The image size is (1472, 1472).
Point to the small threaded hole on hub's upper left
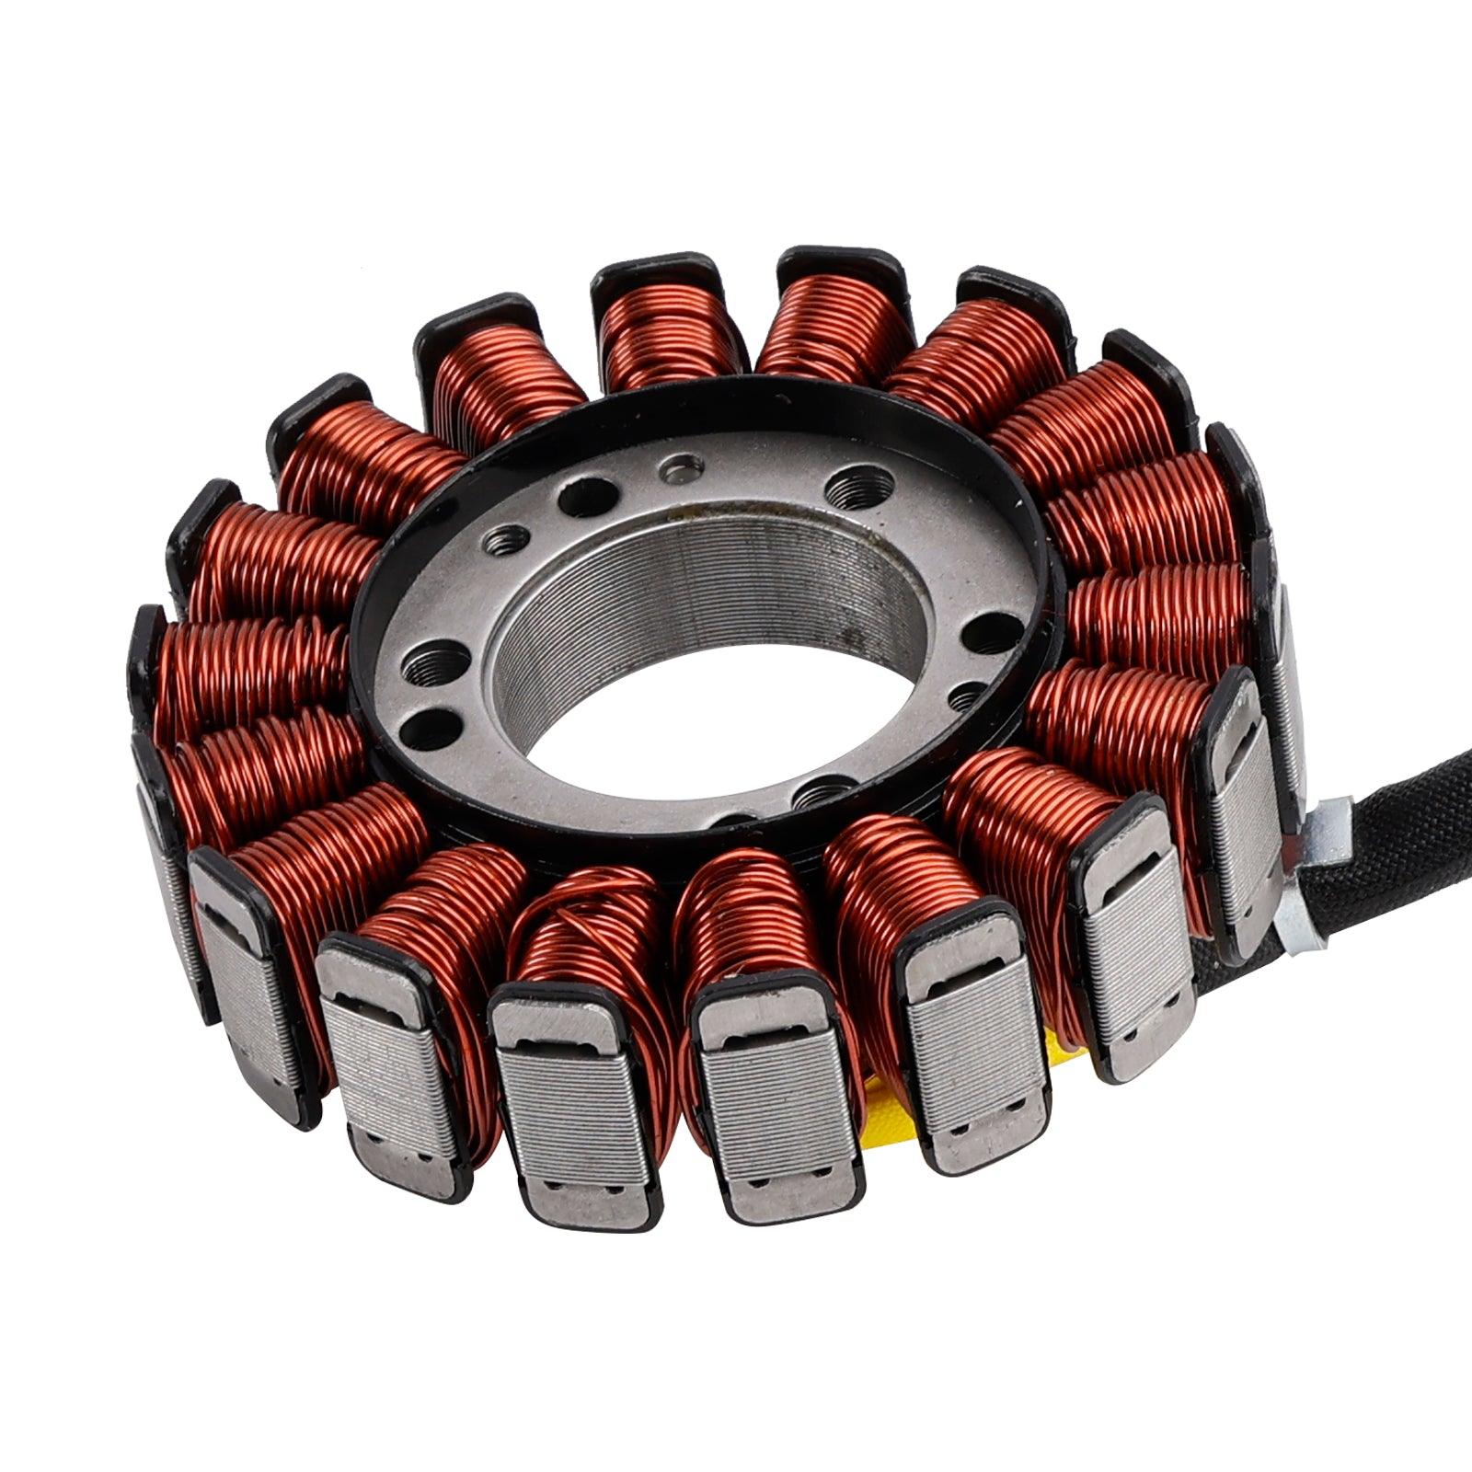(505, 538)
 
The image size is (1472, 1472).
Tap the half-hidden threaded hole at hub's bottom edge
(818, 789)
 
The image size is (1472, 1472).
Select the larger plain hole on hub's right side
(987, 632)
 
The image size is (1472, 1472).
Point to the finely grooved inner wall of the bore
(736, 589)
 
